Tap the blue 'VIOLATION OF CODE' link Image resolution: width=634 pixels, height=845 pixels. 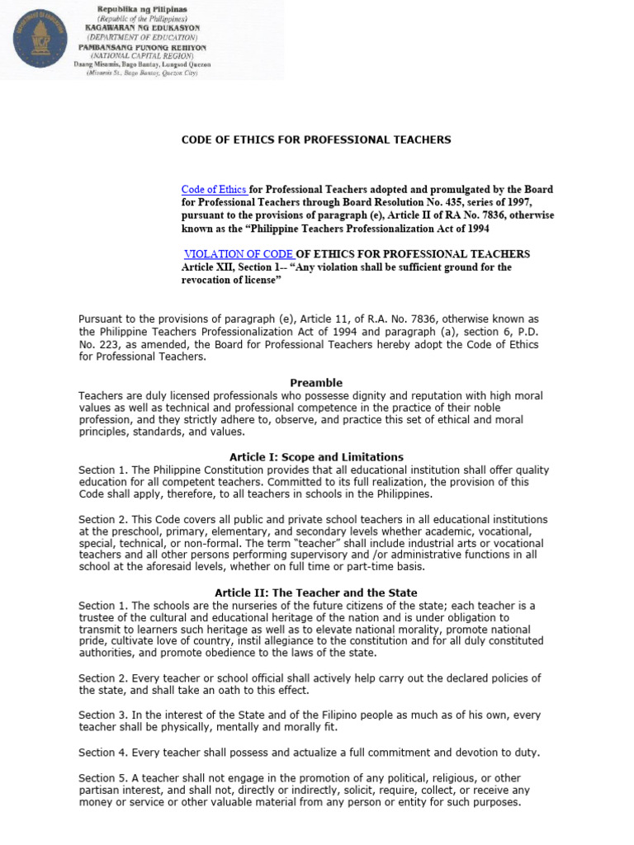click(x=238, y=254)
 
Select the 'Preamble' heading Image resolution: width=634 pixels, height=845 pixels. click(x=316, y=383)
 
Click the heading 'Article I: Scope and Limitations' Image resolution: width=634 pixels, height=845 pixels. click(x=315, y=457)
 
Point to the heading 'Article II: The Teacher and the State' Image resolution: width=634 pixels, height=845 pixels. click(x=316, y=592)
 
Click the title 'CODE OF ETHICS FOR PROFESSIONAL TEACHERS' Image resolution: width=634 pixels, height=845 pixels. click(x=316, y=140)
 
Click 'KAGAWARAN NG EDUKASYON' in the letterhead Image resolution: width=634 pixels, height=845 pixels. click(x=141, y=27)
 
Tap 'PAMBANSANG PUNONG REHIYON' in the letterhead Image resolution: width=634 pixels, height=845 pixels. click(x=141, y=46)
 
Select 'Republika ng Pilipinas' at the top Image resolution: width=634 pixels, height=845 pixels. click(x=141, y=7)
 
